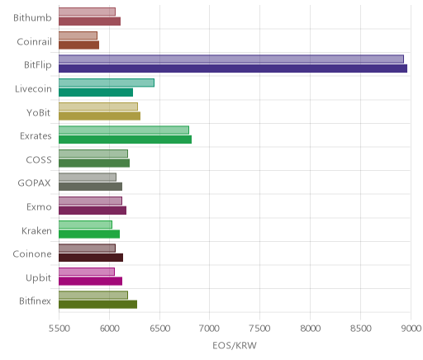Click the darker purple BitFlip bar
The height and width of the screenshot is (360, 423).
coord(233,69)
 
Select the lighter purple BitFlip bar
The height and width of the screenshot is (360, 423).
coord(231,59)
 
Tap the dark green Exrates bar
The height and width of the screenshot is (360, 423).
coord(125,140)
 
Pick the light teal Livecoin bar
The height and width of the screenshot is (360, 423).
coord(107,83)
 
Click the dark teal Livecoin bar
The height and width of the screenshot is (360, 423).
coord(96,92)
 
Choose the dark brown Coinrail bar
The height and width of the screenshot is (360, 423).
coord(78,45)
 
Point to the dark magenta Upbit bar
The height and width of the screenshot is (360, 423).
coord(90,281)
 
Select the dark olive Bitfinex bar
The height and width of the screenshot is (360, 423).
coord(97,305)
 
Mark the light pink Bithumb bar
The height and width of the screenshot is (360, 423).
coord(87,12)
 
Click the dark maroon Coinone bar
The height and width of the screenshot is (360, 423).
coord(91,258)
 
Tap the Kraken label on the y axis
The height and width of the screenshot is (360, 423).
coord(36,230)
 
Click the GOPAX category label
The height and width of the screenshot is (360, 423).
coord(35,183)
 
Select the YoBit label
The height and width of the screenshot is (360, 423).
coord(39,112)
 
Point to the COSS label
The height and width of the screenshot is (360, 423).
coord(39,159)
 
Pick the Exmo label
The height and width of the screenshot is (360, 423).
coord(39,206)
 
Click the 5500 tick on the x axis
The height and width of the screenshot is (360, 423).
coord(59,329)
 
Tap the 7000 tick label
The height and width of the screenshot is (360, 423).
coord(209,329)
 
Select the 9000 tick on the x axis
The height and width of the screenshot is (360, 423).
coord(411,329)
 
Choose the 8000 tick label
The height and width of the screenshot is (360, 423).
coord(311,329)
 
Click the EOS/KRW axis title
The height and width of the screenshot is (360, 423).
coord(235,345)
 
